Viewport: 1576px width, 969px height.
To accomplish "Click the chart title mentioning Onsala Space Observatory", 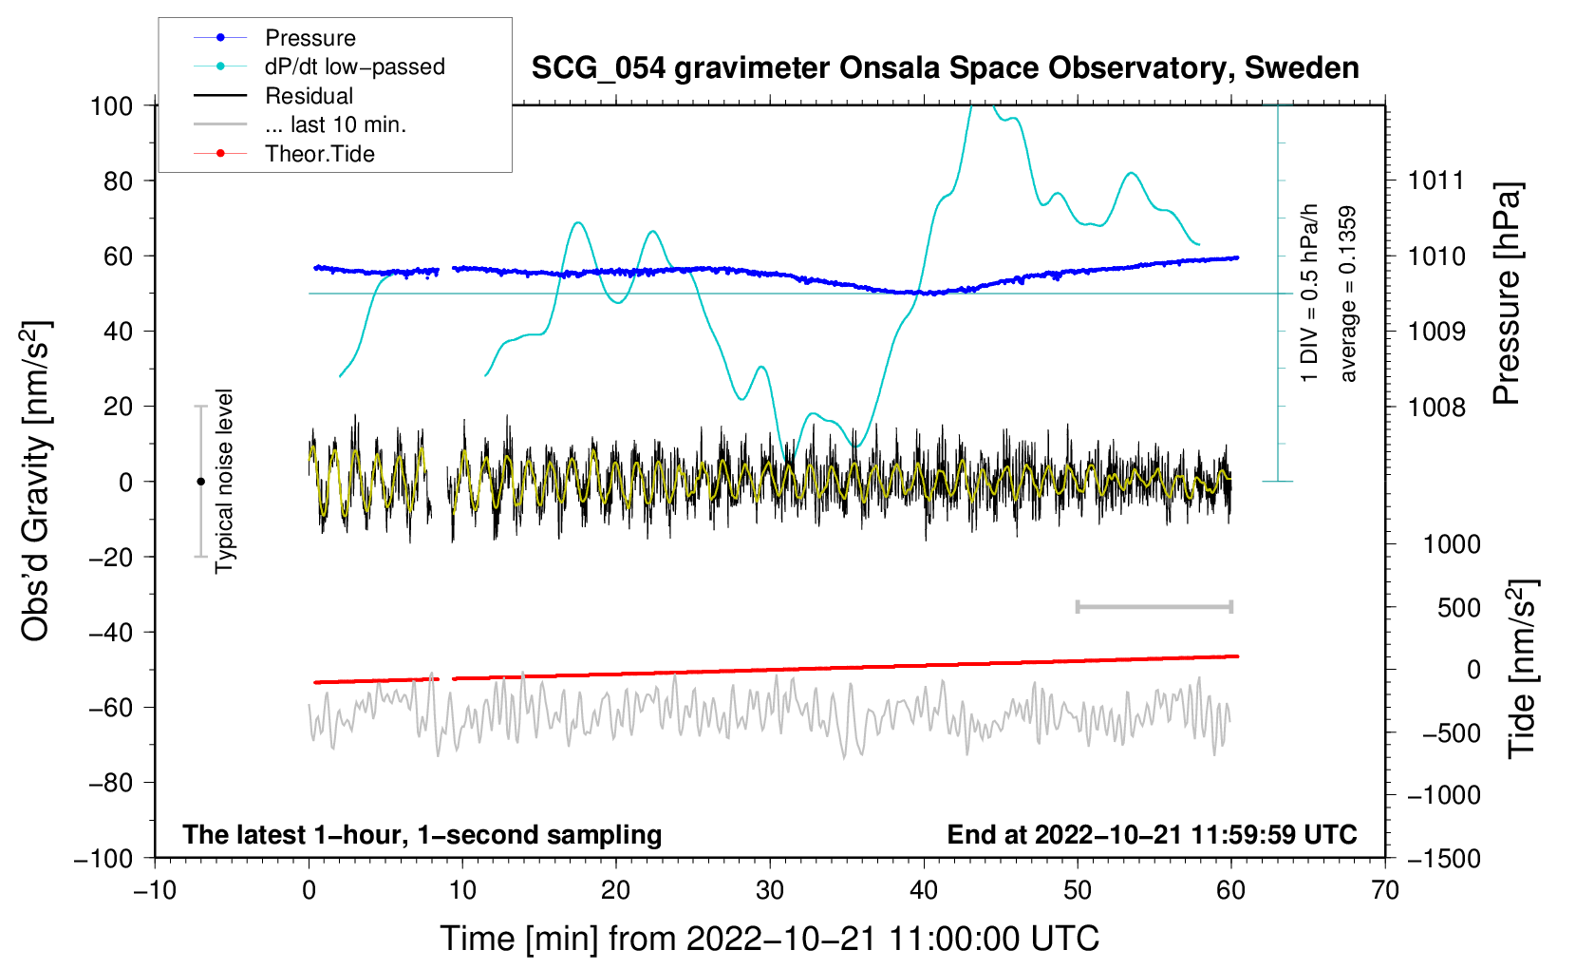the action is [x=945, y=68].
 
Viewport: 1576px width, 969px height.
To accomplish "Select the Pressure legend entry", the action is [x=275, y=37].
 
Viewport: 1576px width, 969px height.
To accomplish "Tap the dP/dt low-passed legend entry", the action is [x=319, y=66].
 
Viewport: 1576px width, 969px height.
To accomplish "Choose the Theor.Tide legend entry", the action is [x=284, y=154].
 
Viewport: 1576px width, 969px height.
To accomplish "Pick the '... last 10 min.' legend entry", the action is [x=300, y=124].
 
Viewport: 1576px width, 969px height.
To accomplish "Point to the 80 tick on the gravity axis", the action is [x=118, y=181].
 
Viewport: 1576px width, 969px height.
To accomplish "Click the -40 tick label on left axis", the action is [x=110, y=633].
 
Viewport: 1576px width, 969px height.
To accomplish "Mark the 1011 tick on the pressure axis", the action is [x=1436, y=181].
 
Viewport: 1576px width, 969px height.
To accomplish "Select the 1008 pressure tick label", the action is [x=1436, y=407].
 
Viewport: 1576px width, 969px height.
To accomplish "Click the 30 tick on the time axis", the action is [x=770, y=891].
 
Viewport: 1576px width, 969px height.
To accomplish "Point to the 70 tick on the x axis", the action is [x=1384, y=891].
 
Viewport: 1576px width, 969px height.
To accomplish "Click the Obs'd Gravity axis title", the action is [x=35, y=481].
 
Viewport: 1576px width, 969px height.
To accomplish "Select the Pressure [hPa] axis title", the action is [x=1507, y=294].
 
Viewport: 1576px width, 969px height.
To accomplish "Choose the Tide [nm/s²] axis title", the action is [x=1522, y=669].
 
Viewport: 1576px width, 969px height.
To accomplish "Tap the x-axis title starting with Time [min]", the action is [x=770, y=939].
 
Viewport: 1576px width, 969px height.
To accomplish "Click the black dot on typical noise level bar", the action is [x=200, y=482].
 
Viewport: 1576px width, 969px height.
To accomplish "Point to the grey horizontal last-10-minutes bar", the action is [x=1154, y=606].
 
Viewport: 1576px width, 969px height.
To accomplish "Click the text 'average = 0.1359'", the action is [x=1347, y=294].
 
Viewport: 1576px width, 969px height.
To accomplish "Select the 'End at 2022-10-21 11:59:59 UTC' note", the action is [x=1152, y=834].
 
